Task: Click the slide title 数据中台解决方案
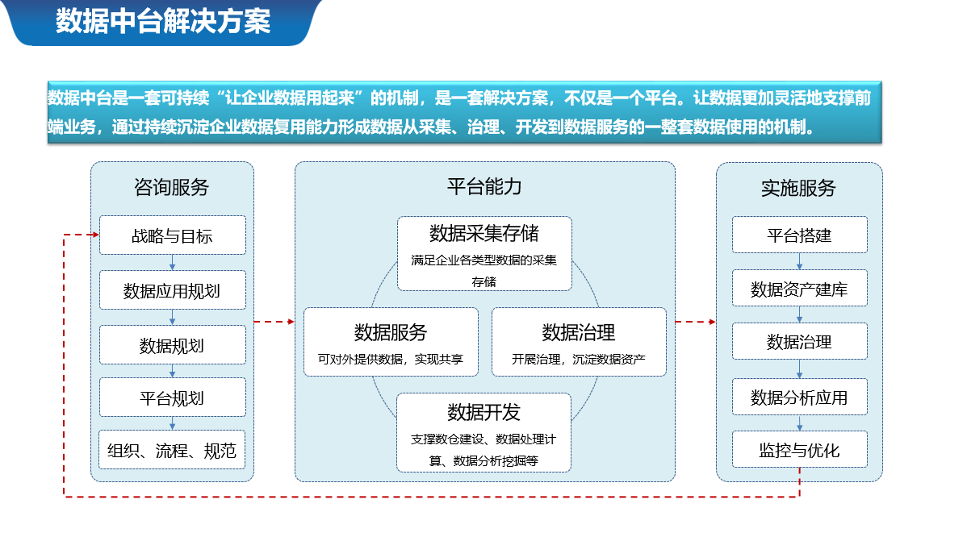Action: click(163, 21)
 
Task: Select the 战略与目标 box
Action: click(173, 235)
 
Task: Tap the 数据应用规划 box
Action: click(173, 290)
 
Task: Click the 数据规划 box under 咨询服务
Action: click(173, 345)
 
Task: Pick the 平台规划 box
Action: click(173, 398)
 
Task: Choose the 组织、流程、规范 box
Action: click(172, 450)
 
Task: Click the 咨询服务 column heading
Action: click(171, 187)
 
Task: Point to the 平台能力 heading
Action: click(485, 186)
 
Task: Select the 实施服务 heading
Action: click(798, 188)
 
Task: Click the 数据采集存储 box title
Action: click(484, 233)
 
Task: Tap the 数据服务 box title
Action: click(391, 332)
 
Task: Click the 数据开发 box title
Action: click(484, 412)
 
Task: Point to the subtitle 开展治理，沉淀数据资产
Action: click(579, 359)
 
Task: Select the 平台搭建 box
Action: click(800, 235)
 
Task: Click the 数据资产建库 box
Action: click(800, 288)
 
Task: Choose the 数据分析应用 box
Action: click(800, 398)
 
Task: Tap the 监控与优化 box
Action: click(800, 450)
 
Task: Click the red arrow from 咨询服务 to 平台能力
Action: click(274, 322)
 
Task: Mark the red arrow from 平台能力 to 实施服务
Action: click(696, 322)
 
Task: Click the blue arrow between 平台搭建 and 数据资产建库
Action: click(800, 262)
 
